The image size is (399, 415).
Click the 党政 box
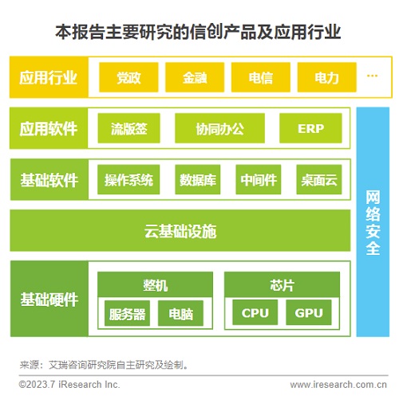click(x=128, y=77)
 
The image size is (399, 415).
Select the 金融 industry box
click(x=194, y=77)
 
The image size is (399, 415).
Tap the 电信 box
click(x=260, y=77)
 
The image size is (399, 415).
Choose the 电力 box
click(x=326, y=77)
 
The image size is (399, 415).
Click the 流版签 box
click(x=129, y=128)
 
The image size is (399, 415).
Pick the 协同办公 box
click(x=219, y=128)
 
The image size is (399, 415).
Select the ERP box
click(x=310, y=128)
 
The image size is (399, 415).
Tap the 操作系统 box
click(x=128, y=180)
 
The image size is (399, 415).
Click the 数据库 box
click(x=197, y=180)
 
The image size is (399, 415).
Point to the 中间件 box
click(x=259, y=180)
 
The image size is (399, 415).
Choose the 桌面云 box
click(x=319, y=180)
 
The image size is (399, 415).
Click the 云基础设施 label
click(x=180, y=232)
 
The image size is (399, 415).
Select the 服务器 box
click(x=128, y=314)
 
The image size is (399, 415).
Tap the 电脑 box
click(x=180, y=314)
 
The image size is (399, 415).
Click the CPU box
click(x=255, y=314)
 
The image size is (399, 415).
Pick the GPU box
click(x=309, y=314)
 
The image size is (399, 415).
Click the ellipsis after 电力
click(x=371, y=76)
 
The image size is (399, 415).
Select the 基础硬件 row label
click(x=49, y=300)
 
